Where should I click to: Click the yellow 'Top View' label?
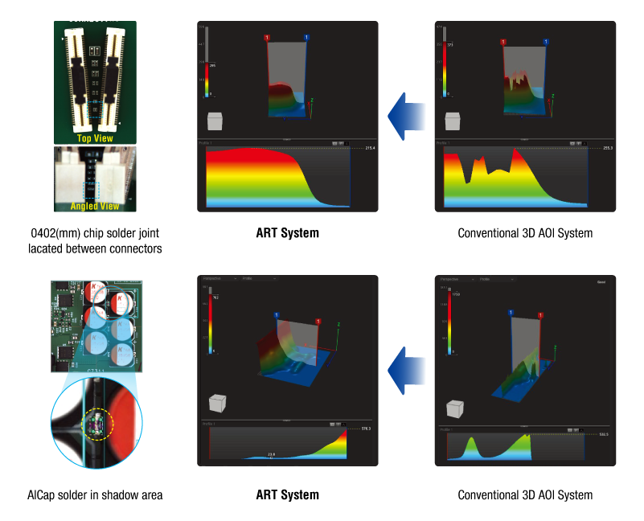click(x=95, y=137)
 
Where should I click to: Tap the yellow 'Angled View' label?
click(x=95, y=207)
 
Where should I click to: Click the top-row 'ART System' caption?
click(x=287, y=233)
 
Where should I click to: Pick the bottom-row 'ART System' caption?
click(x=287, y=494)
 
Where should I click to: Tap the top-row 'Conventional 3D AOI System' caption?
click(x=525, y=233)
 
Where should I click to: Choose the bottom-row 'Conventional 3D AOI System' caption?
click(x=525, y=494)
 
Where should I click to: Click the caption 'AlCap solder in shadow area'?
click(x=96, y=494)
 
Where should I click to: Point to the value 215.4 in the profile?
click(x=370, y=149)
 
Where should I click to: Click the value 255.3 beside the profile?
click(x=607, y=149)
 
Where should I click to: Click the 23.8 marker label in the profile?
click(x=272, y=454)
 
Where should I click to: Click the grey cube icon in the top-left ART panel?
click(x=215, y=121)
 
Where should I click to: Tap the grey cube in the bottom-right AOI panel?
click(x=453, y=408)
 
